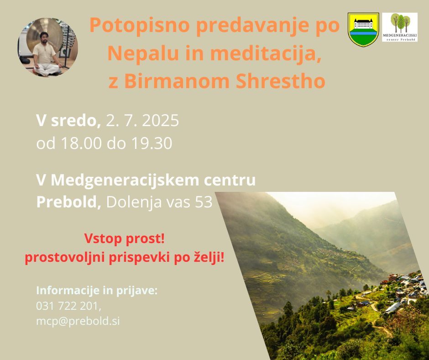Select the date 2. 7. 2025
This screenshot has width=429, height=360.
pyautogui.click(x=142, y=121)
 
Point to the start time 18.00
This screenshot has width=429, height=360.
pyautogui.click(x=81, y=143)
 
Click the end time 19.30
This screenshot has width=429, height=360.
pyautogui.click(x=152, y=143)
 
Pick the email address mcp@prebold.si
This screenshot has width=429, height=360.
pyautogui.click(x=78, y=321)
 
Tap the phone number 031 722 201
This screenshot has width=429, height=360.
pyautogui.click(x=68, y=306)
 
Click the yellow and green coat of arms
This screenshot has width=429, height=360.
pyautogui.click(x=363, y=29)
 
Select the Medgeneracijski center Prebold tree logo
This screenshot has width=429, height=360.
pyautogui.click(x=400, y=27)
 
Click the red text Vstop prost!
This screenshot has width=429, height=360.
pyautogui.click(x=125, y=238)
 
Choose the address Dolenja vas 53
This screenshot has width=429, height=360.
pyautogui.click(x=159, y=202)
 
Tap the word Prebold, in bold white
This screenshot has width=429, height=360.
pyautogui.click(x=68, y=202)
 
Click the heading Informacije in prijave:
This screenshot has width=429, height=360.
pyautogui.click(x=97, y=291)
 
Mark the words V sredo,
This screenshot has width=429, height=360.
pyautogui.click(x=68, y=121)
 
